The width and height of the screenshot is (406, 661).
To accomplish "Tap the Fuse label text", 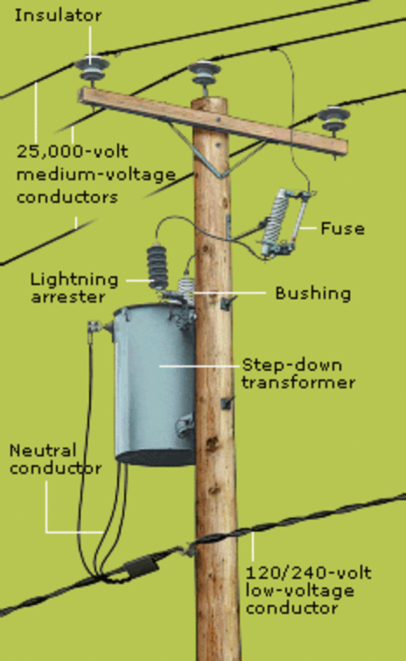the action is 342,228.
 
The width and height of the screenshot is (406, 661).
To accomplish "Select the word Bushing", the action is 313,293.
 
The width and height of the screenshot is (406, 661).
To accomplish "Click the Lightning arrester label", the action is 74,287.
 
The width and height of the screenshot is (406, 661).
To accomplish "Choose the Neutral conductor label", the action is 55,459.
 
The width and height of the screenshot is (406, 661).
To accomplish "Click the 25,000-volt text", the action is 72,152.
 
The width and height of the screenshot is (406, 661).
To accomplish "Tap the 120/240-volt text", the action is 309,574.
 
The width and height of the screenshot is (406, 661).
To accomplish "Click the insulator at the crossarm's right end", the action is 332,119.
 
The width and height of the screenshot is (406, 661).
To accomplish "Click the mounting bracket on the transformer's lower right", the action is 185,425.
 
